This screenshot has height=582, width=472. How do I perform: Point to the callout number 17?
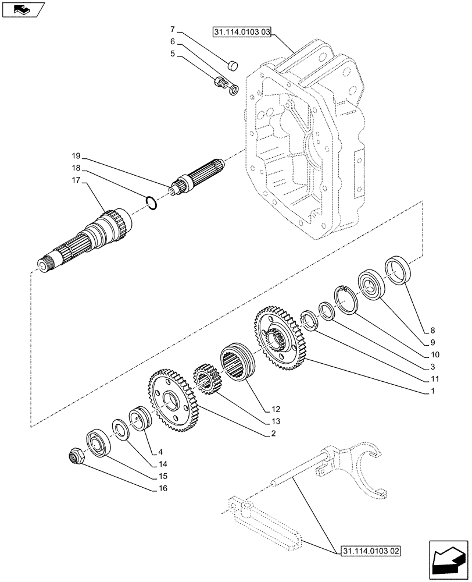pyautogui.click(x=76, y=182)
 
